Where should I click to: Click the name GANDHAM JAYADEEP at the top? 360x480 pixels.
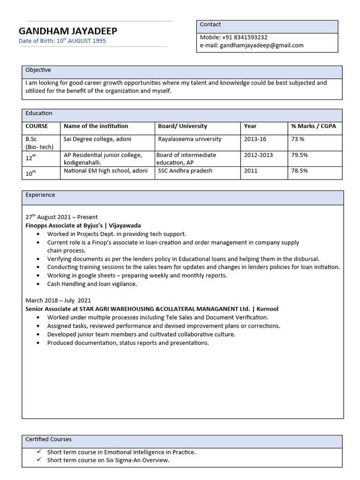(68, 31)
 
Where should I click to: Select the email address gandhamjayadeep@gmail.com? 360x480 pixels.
(262, 45)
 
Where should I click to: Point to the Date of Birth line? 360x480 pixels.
(62, 41)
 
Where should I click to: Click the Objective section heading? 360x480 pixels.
(38, 70)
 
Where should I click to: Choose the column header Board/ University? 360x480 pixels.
(182, 126)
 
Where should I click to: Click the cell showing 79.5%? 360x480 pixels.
(300, 155)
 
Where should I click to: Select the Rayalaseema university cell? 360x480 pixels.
(189, 139)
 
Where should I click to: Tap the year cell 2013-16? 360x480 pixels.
(255, 139)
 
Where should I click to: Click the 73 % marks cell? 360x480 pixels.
(298, 139)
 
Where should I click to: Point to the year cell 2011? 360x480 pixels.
(251, 171)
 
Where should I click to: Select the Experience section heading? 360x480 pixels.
(40, 195)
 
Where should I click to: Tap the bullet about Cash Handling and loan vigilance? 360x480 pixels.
(92, 284)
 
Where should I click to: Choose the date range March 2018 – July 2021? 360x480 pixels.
(58, 300)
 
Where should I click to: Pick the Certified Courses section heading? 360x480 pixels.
(49, 440)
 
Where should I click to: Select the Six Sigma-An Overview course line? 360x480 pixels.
(108, 460)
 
